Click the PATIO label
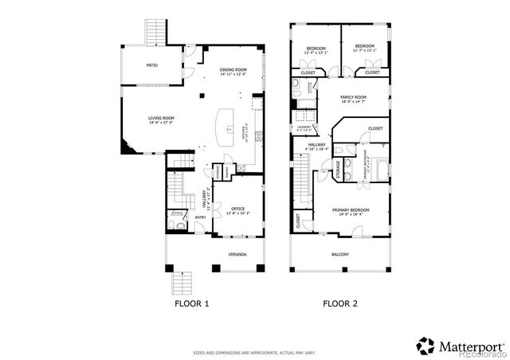pos(151,65)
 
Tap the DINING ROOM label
pos(236,72)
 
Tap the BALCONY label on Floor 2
pos(340,255)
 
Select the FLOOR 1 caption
pos(191,304)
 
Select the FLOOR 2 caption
pos(340,304)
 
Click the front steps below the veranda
pos(183,283)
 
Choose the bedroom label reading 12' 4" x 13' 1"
pos(316,52)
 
